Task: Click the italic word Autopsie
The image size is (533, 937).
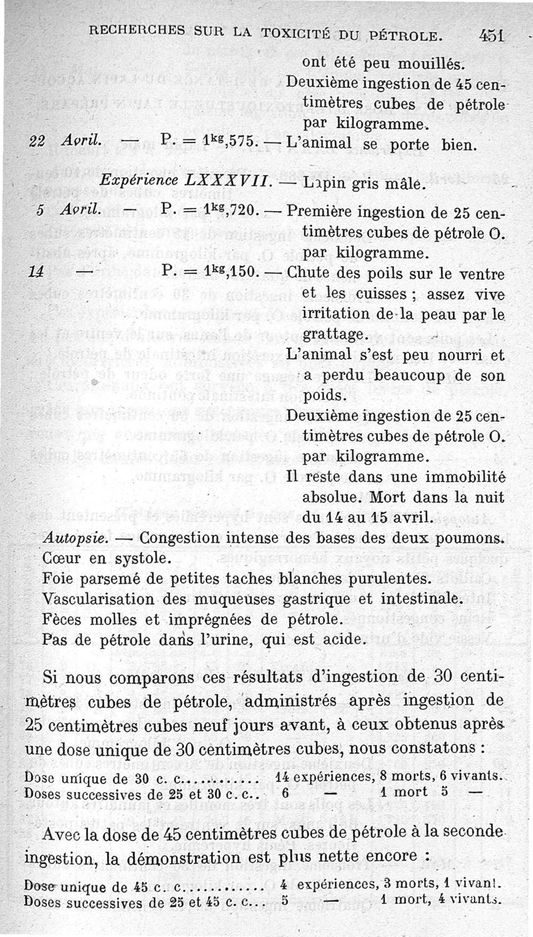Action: coord(71,537)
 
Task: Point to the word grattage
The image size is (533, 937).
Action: coord(333,333)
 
